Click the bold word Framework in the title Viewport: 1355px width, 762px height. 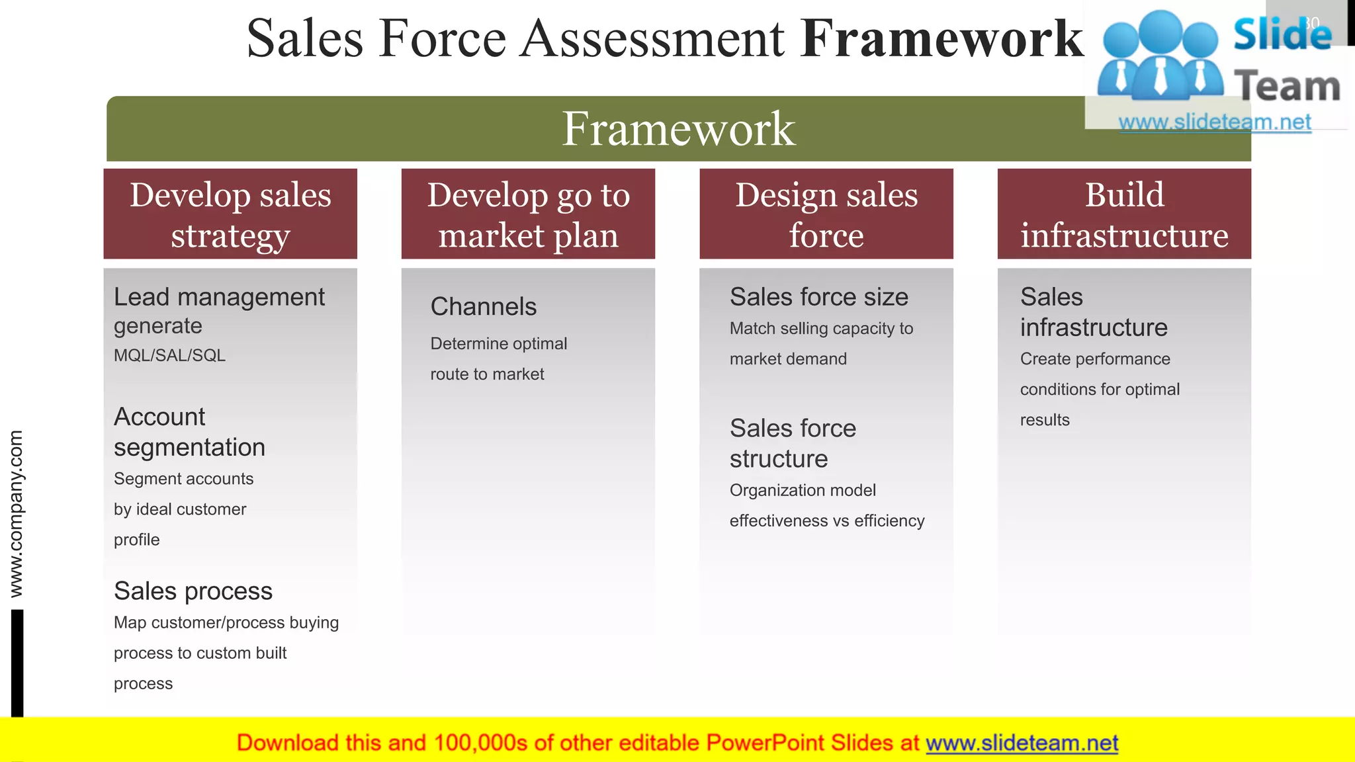[942, 38]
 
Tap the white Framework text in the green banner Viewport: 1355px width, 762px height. [678, 128]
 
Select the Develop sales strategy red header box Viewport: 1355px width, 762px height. [230, 214]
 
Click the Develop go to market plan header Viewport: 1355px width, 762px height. [528, 214]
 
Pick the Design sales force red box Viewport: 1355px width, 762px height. [826, 214]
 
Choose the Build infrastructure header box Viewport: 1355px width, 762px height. [1124, 214]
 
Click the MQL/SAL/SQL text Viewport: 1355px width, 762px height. [169, 356]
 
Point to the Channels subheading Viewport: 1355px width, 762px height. [484, 307]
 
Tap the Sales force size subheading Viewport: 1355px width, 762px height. [818, 297]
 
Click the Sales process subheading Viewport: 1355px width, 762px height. [193, 591]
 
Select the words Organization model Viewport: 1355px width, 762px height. [802, 490]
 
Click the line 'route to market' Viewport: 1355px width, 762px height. [487, 374]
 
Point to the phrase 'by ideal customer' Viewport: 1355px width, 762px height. [180, 509]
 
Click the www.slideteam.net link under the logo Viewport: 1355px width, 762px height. [1215, 122]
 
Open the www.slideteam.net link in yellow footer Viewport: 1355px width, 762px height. [1022, 743]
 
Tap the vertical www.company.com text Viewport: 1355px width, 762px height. [16, 514]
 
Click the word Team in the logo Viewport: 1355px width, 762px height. [1287, 86]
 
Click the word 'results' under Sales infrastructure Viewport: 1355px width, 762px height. [1045, 420]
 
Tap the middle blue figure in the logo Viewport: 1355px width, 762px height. [1161, 56]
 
